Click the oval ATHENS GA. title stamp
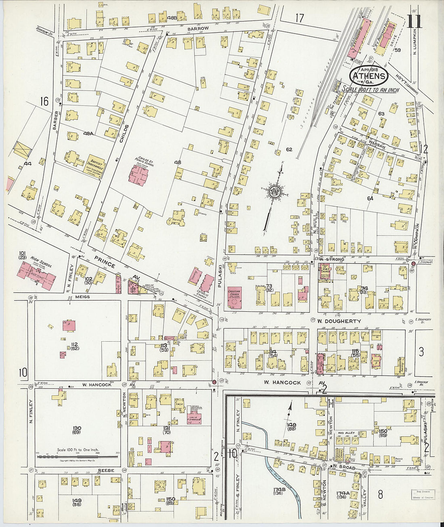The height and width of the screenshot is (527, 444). pos(369,76)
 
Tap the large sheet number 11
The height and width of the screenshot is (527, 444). pos(415,21)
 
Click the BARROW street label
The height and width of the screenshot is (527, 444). pos(198,29)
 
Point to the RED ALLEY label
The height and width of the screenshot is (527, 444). pos(346,433)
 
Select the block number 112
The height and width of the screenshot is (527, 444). pos(74,344)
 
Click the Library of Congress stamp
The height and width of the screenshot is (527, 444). pos(422,494)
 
